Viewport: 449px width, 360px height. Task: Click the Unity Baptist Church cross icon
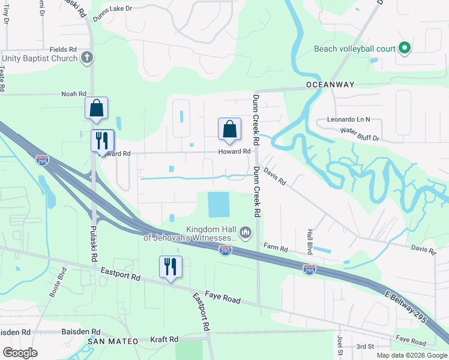[87, 58]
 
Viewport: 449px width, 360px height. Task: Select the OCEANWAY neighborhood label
[330, 85]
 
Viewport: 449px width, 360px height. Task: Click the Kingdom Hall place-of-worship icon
[245, 232]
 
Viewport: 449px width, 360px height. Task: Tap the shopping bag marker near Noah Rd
[97, 109]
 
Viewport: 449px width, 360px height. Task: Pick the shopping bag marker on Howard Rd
[229, 129]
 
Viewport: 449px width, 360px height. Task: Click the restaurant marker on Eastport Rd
[170, 267]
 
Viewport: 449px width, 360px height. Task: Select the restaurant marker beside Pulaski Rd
[102, 141]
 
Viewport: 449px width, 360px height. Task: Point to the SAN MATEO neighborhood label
[113, 341]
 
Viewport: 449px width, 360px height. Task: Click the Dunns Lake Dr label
[112, 26]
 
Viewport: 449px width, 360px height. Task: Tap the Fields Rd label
[64, 49]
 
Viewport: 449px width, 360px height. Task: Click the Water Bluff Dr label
[360, 134]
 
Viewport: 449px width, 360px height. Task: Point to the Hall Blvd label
[310, 238]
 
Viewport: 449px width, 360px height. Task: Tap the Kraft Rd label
[165, 340]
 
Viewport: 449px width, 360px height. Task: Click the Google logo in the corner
[20, 353]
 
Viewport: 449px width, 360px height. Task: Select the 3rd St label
[365, 346]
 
